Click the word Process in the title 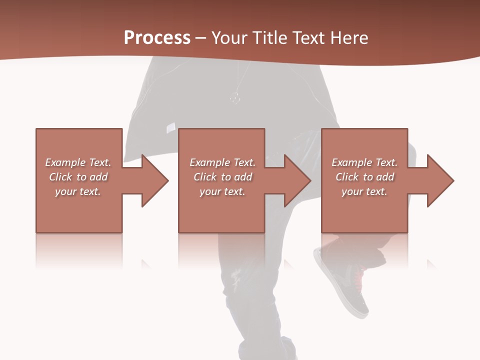(x=157, y=38)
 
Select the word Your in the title (x=230, y=38)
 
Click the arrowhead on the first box (x=152, y=180)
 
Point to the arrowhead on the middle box (x=295, y=180)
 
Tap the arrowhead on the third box (x=438, y=180)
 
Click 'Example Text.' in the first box (x=78, y=162)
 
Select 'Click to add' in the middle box (x=222, y=177)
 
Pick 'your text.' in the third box (x=364, y=191)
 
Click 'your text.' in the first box (x=78, y=191)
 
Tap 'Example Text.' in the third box (x=364, y=162)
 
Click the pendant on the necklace (x=235, y=97)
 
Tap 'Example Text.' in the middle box (x=222, y=162)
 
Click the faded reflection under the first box (x=79, y=250)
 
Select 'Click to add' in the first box (x=78, y=177)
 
